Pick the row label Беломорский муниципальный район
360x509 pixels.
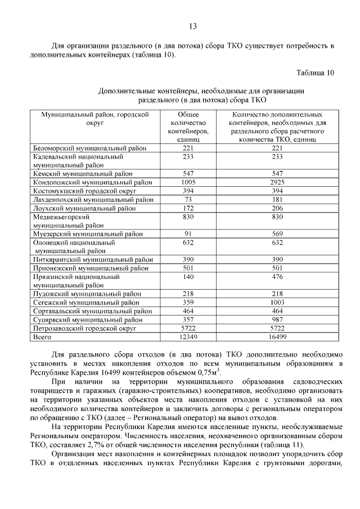click(90, 148)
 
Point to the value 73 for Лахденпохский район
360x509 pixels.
click(188, 200)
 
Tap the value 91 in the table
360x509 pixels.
click(188, 234)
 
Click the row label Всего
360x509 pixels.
click(43, 337)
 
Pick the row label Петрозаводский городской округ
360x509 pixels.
click(85, 328)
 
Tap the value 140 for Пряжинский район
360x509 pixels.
click(188, 277)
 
